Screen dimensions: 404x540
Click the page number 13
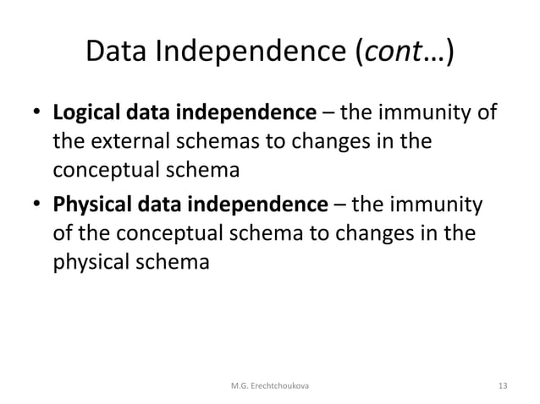tap(504, 386)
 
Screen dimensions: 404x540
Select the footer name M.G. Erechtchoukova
tap(270, 386)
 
